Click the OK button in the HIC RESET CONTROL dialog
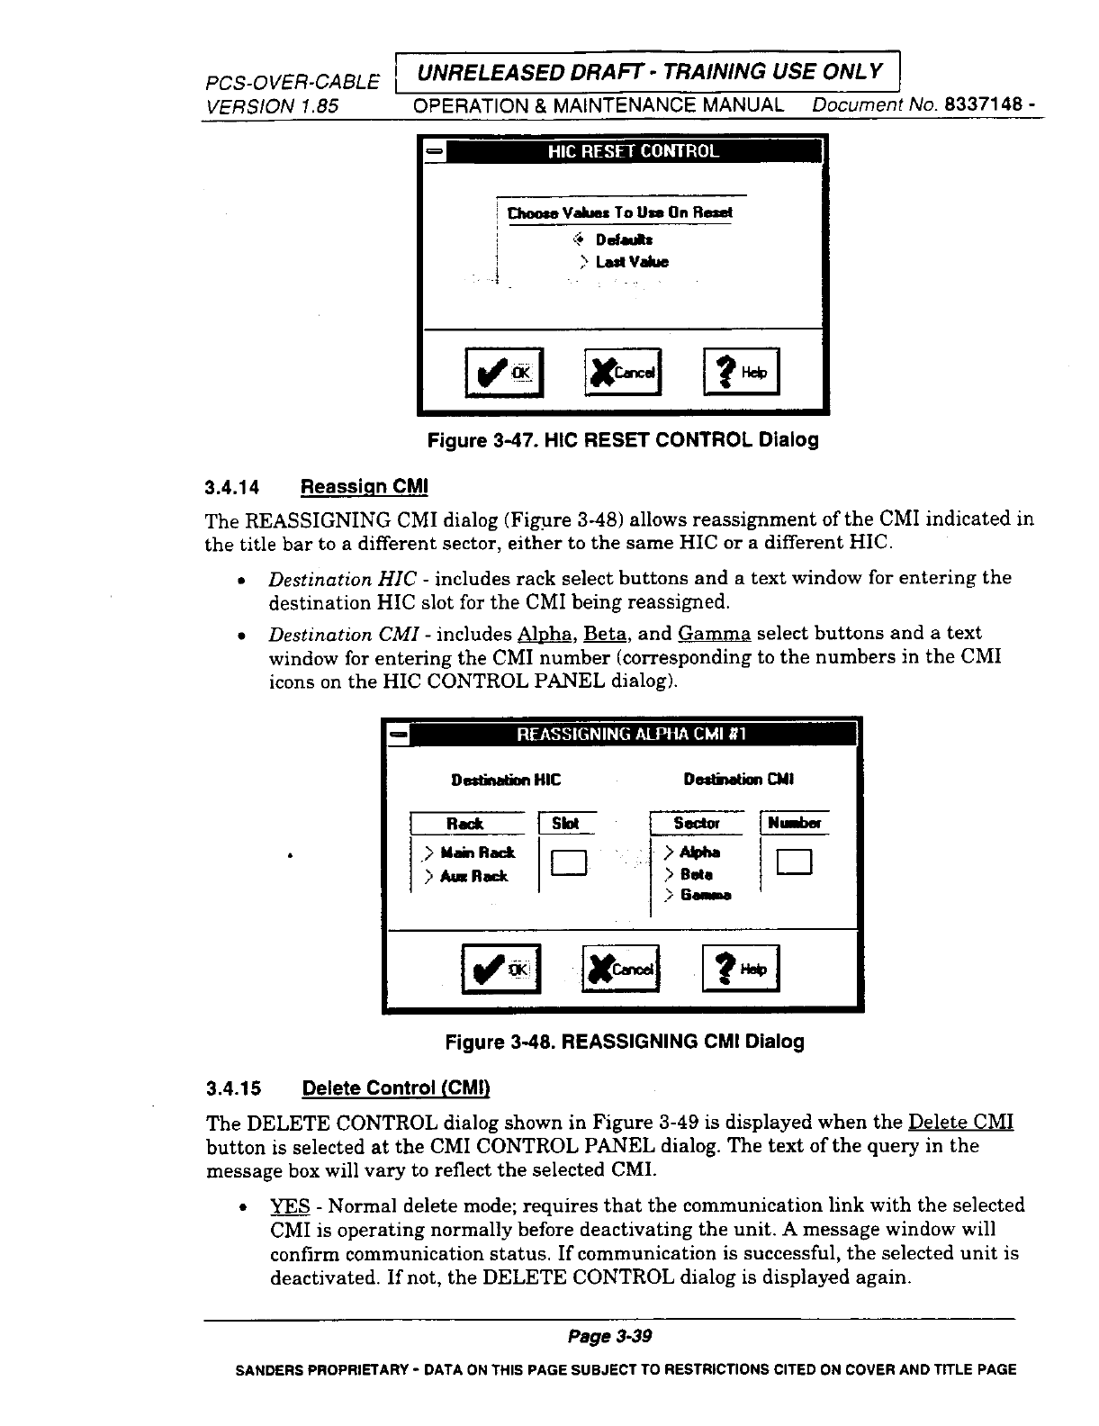click(504, 373)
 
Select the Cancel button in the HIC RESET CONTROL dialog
click(623, 373)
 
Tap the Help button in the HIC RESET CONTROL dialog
click(741, 373)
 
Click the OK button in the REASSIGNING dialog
click(500, 969)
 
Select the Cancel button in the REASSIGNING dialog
click(621, 969)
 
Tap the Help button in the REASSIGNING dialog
click(740, 969)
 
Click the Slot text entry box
click(570, 862)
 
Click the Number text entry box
click(795, 862)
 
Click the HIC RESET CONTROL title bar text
click(634, 151)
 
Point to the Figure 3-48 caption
click(625, 1042)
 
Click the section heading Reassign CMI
click(364, 487)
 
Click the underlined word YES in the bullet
click(290, 1205)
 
